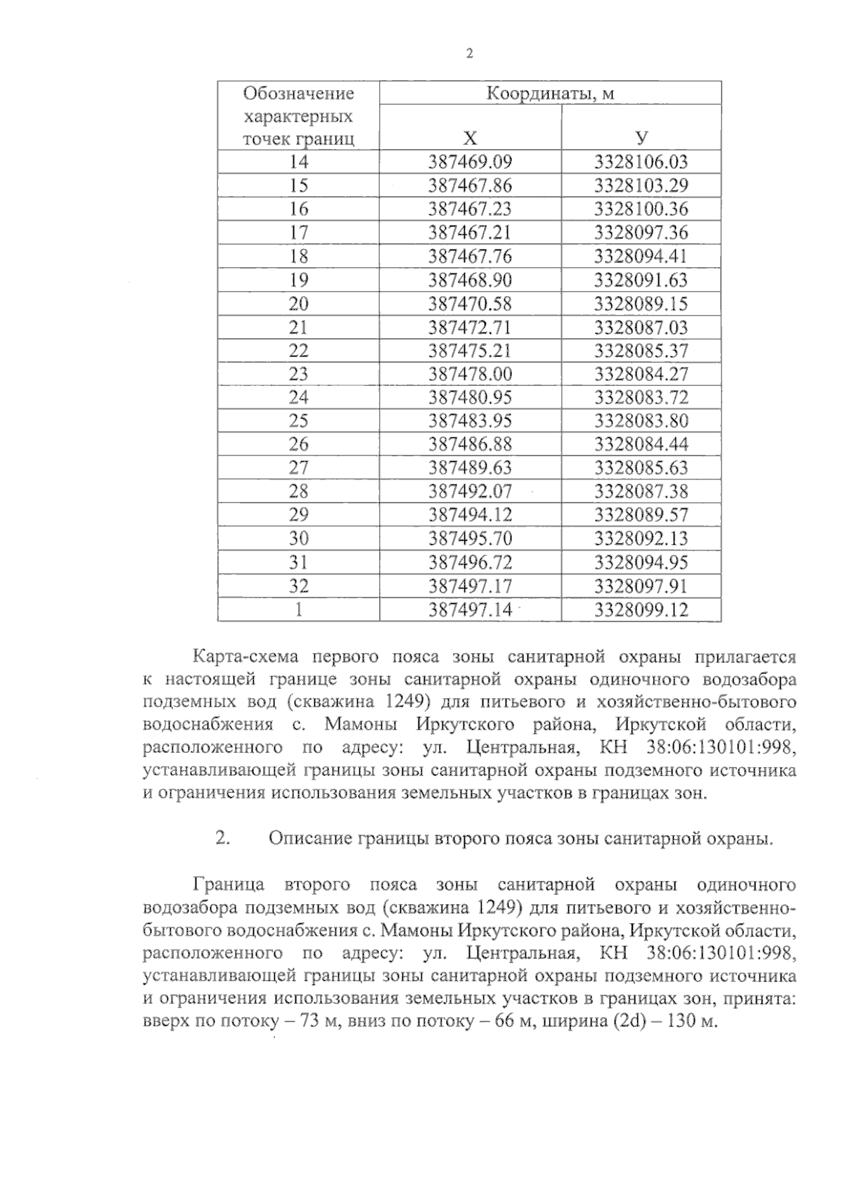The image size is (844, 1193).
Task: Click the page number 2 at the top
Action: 469,53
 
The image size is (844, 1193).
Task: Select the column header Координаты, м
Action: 550,93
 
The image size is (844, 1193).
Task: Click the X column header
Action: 470,138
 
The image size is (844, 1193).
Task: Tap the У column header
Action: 641,138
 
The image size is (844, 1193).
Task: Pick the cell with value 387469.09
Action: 470,162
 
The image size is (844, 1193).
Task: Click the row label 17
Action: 298,233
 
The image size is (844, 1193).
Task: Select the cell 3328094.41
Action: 641,256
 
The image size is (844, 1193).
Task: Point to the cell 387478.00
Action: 470,374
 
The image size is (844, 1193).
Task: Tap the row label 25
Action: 298,421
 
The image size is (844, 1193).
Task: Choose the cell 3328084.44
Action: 641,444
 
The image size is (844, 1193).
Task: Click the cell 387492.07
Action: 470,491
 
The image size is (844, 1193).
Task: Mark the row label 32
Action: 298,586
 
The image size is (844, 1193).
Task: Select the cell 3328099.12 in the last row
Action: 641,610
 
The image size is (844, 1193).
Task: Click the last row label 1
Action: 298,610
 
